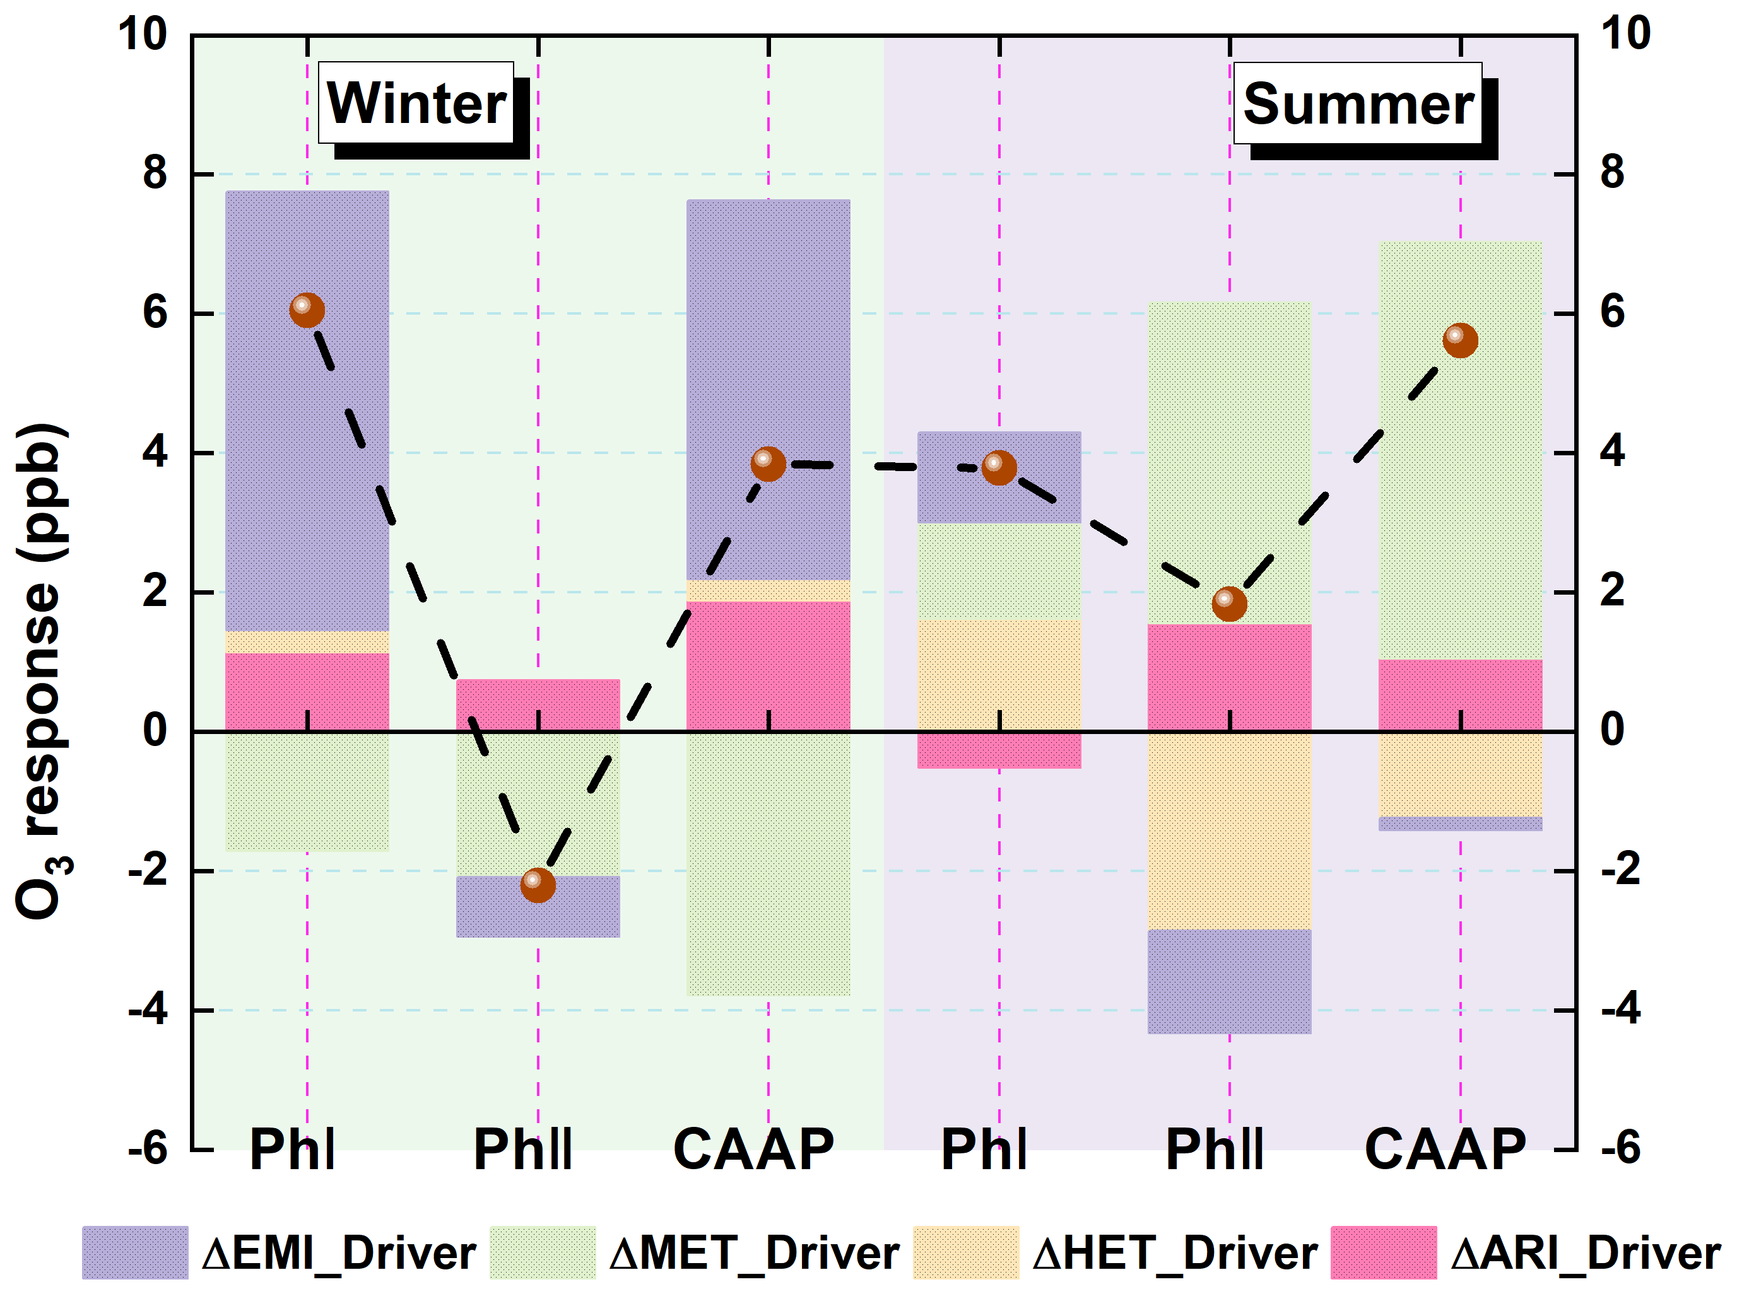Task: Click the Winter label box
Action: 416,103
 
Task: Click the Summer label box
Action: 1357,103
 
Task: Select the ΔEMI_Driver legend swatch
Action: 135,1252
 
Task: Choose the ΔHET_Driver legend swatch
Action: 965,1252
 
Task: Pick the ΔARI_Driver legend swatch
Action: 1383,1252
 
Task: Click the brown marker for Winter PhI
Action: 307,310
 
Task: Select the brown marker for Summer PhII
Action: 1228,603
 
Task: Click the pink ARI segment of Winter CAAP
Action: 768,666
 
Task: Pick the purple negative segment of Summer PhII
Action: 1228,981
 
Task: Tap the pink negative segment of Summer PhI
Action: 998,750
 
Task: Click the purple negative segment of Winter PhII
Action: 538,916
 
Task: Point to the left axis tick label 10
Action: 143,35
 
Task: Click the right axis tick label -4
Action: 1620,1010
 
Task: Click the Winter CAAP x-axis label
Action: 754,1150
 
